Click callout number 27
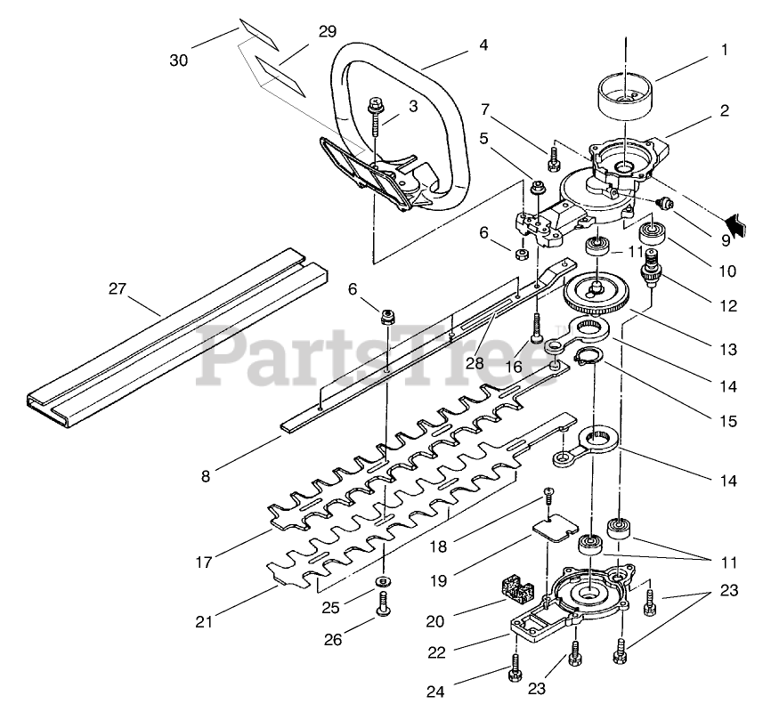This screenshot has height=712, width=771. [118, 288]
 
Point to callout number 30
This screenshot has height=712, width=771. [179, 61]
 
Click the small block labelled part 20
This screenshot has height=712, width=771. [516, 590]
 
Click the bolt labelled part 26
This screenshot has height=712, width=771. [384, 604]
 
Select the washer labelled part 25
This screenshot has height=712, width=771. [383, 582]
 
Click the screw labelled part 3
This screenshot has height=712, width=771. [376, 117]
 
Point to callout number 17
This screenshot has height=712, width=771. [204, 562]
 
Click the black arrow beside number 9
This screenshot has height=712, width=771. [735, 223]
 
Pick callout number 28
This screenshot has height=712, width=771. [475, 363]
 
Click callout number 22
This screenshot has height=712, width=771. [436, 652]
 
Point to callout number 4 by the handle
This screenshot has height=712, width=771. [483, 44]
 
